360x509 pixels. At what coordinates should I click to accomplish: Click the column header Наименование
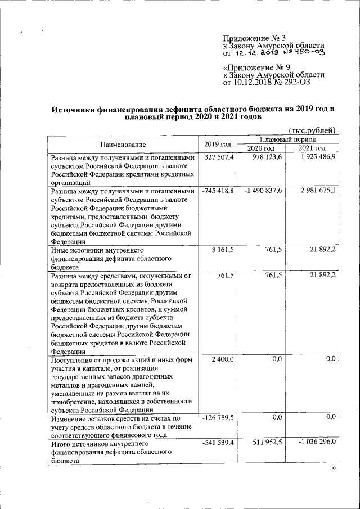tap(123, 145)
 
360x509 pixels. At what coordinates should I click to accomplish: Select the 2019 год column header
tap(218, 144)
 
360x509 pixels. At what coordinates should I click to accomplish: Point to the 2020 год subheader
tap(261, 148)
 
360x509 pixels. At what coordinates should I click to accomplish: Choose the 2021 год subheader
tap(312, 148)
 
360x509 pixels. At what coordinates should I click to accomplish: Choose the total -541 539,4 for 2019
tap(218, 443)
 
